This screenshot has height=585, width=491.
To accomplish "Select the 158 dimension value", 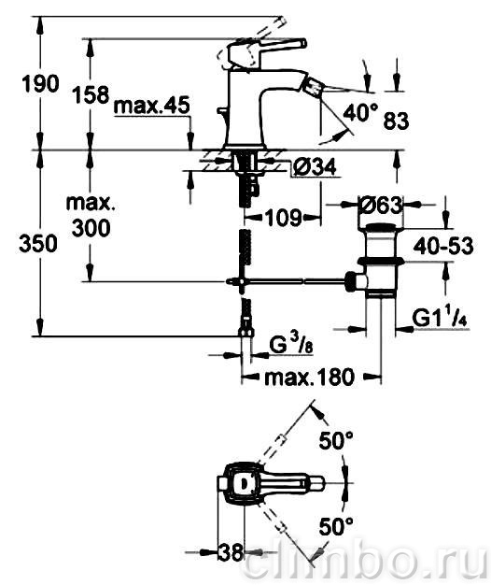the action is pyautogui.click(x=91, y=94).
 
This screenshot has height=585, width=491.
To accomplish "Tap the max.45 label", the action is pyautogui.click(x=151, y=106).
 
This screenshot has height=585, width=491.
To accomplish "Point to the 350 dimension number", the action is pyautogui.click(x=38, y=244).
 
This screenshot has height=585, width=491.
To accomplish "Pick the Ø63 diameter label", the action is pyautogui.click(x=380, y=205).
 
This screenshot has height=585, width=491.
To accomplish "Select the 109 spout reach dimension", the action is pyautogui.click(x=283, y=218).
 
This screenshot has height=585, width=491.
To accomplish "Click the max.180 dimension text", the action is pyautogui.click(x=309, y=378).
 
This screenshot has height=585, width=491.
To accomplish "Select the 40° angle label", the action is pyautogui.click(x=360, y=112).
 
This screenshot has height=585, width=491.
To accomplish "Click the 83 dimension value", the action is pyautogui.click(x=396, y=121).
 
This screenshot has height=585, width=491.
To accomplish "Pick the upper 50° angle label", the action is pyautogui.click(x=336, y=441).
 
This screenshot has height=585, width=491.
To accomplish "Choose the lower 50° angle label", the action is pyautogui.click(x=336, y=527).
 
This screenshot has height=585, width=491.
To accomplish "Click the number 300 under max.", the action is pyautogui.click(x=91, y=228).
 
